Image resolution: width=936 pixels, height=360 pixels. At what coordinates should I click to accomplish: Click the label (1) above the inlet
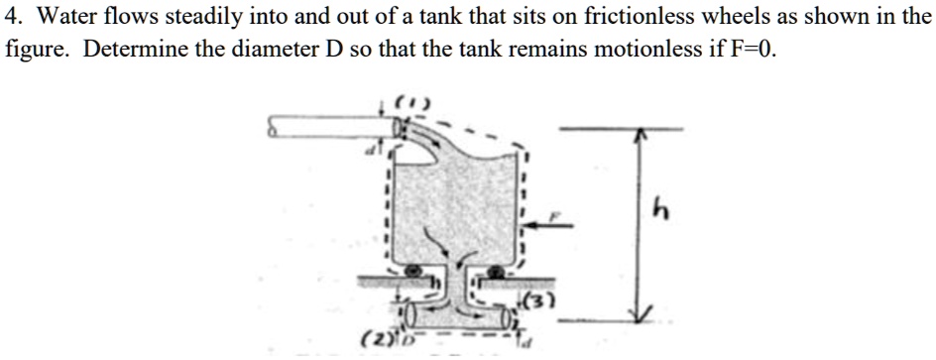pos(406,101)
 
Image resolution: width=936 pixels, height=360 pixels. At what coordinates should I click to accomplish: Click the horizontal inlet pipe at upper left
pos(327,128)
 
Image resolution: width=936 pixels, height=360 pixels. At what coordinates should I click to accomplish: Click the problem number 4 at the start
pos(13,17)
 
